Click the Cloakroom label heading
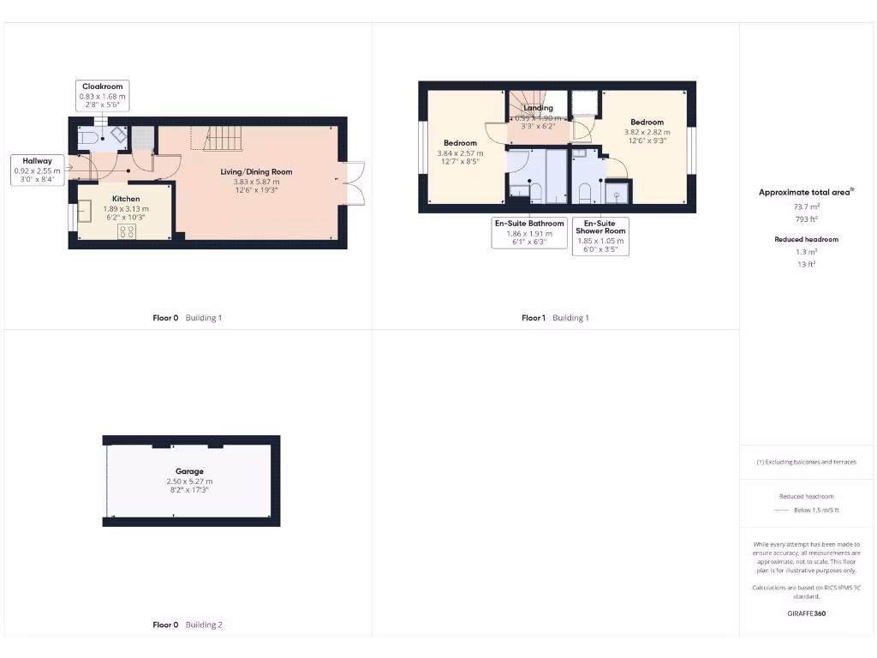[103, 87]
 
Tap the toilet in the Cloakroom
[88, 138]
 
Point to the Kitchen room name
[126, 199]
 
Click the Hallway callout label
[38, 161]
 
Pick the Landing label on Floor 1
[538, 108]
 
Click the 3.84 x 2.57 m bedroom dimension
[460, 153]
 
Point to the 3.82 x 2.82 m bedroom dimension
[647, 132]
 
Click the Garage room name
[189, 471]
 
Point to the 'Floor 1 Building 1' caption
[555, 318]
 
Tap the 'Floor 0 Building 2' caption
[187, 625]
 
